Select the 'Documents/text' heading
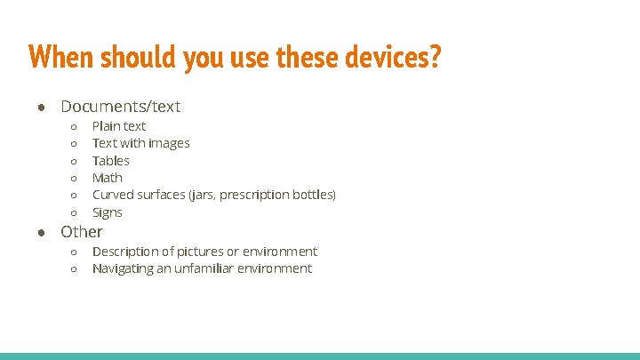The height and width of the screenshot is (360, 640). (120, 107)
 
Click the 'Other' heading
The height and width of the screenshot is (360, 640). (82, 231)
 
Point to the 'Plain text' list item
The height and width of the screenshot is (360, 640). (119, 126)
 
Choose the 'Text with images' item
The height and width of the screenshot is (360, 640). (140, 143)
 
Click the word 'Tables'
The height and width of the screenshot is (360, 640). (111, 161)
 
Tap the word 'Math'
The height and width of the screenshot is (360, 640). (108, 178)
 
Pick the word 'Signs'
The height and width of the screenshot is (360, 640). (108, 212)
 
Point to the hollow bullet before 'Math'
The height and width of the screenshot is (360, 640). (74, 179)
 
